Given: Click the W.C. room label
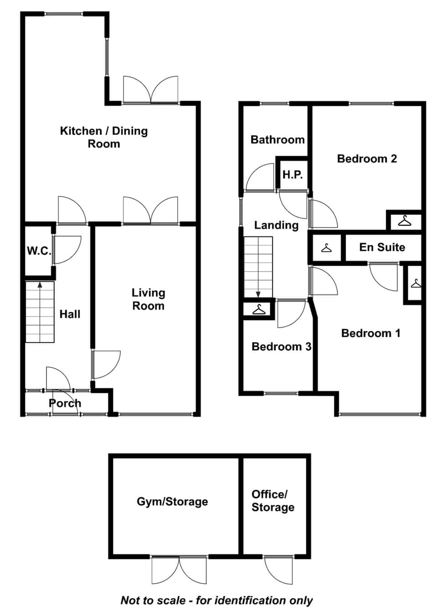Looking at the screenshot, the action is click(x=39, y=251).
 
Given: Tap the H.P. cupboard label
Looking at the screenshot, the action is click(x=292, y=174).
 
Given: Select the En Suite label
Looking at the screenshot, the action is click(x=382, y=247).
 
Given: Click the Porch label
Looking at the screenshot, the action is click(x=65, y=403).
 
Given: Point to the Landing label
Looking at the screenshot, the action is click(x=276, y=225).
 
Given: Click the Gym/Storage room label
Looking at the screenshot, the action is click(x=172, y=502).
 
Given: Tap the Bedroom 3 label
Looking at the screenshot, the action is click(x=281, y=346).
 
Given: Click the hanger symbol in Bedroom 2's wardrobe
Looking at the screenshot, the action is click(x=405, y=220).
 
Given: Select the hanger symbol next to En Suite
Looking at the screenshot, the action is click(x=327, y=248).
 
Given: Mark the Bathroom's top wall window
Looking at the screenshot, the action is click(x=274, y=103).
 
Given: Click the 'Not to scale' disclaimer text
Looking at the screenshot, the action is click(x=217, y=600).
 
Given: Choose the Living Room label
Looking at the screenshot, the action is click(x=148, y=299).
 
